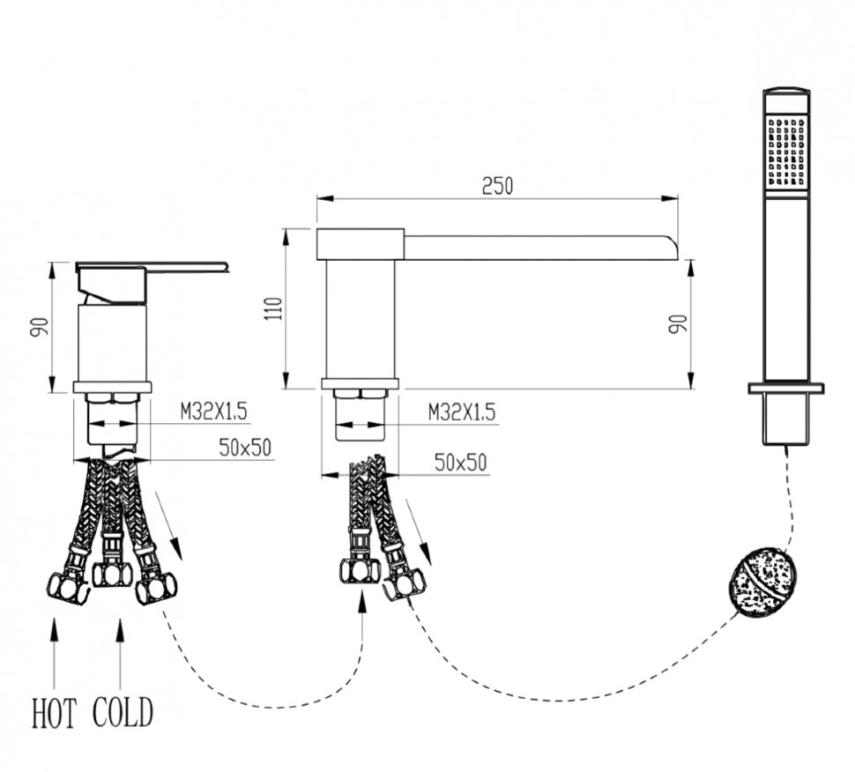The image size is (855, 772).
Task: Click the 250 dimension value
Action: pyautogui.click(x=497, y=186)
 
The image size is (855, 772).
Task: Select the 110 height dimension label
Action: pyautogui.click(x=275, y=308)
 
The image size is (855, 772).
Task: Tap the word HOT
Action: pyautogui.click(x=54, y=713)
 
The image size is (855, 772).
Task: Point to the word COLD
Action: pyautogui.click(x=123, y=713)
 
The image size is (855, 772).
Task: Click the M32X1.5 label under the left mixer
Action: pyautogui.click(x=213, y=411)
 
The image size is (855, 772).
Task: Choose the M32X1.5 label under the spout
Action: pyautogui.click(x=462, y=412)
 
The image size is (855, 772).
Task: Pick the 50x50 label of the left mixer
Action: pyautogui.click(x=245, y=448)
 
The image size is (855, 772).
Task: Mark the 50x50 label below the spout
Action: pyautogui.click(x=460, y=463)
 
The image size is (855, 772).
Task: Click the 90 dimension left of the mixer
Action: pyautogui.click(x=40, y=327)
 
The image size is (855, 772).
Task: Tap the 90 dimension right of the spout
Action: pyautogui.click(x=678, y=324)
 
